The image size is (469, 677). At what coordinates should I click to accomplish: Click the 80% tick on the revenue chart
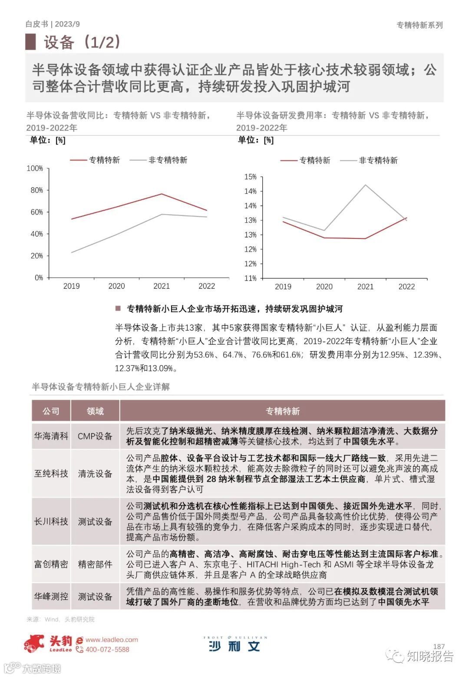36,190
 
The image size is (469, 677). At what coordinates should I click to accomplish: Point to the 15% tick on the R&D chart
251,177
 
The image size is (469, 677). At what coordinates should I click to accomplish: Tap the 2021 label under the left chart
162,286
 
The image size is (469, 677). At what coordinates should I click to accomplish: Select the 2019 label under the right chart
283,287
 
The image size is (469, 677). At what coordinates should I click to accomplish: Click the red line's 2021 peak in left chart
162,194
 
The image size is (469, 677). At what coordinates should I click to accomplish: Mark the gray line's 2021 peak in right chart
365,185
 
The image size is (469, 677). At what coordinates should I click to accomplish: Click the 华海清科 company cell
51,436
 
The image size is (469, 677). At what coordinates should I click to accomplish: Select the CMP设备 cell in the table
95,436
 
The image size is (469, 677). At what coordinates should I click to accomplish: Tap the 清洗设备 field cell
95,473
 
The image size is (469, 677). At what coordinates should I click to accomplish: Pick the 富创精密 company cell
51,564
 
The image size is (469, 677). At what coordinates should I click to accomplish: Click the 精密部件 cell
95,564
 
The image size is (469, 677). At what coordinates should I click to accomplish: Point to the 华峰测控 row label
51,596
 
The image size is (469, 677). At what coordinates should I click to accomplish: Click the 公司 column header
51,411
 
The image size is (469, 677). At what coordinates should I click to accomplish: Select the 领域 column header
95,411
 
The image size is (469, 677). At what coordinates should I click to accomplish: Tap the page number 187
439,647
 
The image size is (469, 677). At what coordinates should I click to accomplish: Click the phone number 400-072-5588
107,650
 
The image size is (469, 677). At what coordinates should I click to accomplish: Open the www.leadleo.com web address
112,640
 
